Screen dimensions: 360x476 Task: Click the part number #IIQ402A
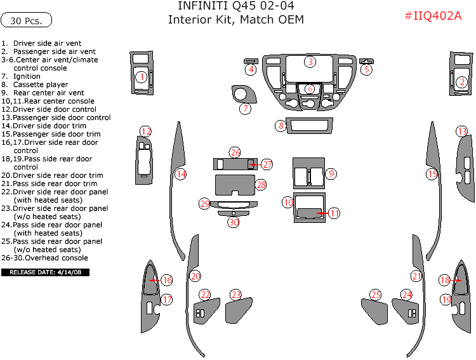[x=433, y=17]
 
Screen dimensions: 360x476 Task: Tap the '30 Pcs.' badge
[x=26, y=20]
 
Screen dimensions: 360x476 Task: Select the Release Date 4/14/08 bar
[x=45, y=272]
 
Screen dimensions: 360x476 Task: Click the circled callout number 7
[x=245, y=109]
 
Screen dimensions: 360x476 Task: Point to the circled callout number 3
[x=310, y=62]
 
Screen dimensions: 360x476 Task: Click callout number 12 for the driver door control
[x=146, y=131]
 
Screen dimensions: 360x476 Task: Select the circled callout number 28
[x=261, y=184]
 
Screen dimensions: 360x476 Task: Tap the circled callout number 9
[x=331, y=173]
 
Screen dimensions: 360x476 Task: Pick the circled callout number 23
[x=236, y=295]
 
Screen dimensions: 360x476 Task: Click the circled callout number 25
[x=376, y=295]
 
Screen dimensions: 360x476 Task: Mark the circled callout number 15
[x=432, y=173]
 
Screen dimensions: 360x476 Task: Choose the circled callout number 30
[x=234, y=222]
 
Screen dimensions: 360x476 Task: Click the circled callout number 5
[x=366, y=69]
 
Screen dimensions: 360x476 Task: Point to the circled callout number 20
[x=195, y=276]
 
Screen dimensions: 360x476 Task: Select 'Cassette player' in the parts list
[x=41, y=84]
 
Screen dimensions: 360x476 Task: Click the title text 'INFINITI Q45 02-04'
[x=235, y=7]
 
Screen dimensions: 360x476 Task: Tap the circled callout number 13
[x=462, y=131]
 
